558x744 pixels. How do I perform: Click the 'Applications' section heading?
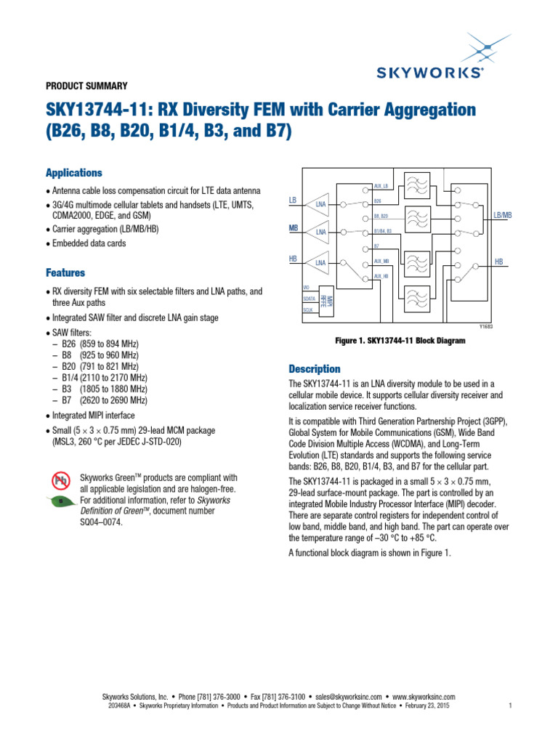[x=74, y=173]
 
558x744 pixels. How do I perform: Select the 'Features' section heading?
[x=65, y=272]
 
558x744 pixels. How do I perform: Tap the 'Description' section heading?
[x=315, y=368]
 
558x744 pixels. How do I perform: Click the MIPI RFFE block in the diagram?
[x=330, y=301]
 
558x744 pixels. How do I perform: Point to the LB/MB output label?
[x=503, y=215]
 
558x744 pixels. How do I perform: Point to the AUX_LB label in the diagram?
[x=381, y=187]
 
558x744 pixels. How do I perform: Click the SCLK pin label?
[x=308, y=310]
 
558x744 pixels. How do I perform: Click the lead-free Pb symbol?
[x=60, y=480]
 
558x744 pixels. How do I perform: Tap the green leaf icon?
[x=61, y=501]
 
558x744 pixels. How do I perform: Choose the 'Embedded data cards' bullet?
[x=88, y=243]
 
